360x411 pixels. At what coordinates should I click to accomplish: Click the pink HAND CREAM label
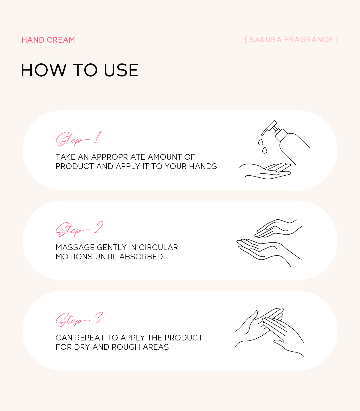point(48,40)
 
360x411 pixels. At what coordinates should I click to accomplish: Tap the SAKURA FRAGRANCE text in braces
point(291,40)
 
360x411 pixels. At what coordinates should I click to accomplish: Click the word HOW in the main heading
point(44,70)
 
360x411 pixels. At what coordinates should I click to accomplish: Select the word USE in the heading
point(121,70)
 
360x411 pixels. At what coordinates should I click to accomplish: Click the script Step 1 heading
point(78,139)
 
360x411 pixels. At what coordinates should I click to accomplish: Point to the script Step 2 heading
point(79,229)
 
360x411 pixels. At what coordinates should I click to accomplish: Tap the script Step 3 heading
point(79,319)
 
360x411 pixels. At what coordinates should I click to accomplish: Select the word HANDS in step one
point(203,166)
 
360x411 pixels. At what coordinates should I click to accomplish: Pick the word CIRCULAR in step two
point(158,247)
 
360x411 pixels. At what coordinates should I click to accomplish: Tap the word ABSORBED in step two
point(141,257)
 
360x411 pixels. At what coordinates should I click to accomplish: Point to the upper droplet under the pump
point(260,142)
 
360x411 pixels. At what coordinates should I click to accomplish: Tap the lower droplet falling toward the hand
point(265,150)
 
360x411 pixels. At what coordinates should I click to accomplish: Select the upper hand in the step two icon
point(278,228)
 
